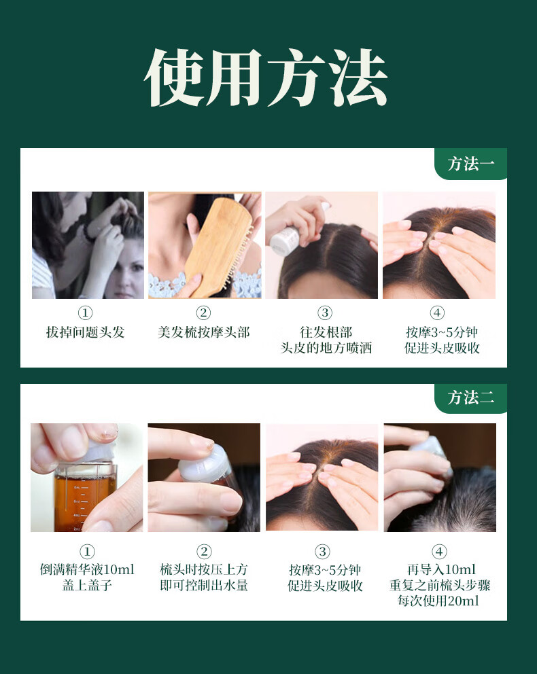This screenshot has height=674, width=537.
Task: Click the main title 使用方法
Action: coord(266,77)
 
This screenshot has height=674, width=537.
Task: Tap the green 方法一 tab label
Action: coord(471,164)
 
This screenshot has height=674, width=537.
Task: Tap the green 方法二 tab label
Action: coord(471,397)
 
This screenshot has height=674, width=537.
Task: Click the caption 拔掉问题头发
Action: coord(85,332)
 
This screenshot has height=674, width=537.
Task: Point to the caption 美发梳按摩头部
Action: coord(203,332)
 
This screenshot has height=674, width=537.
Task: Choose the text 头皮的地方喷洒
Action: coord(326,348)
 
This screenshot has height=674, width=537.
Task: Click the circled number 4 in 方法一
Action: coord(437,313)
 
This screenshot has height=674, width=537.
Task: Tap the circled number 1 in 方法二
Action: coord(87,552)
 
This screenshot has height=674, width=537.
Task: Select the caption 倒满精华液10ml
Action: coord(87,569)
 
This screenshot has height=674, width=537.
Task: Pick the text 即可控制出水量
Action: coord(204,586)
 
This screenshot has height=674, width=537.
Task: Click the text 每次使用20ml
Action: coord(438,601)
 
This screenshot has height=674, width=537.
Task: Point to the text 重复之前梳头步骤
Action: coord(439,586)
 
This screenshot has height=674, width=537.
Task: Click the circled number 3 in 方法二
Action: coord(322,552)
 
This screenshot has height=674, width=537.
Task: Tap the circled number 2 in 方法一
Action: coord(203,313)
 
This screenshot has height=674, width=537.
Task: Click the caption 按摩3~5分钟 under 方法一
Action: coord(442,332)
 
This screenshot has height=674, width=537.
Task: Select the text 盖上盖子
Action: coord(87,586)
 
